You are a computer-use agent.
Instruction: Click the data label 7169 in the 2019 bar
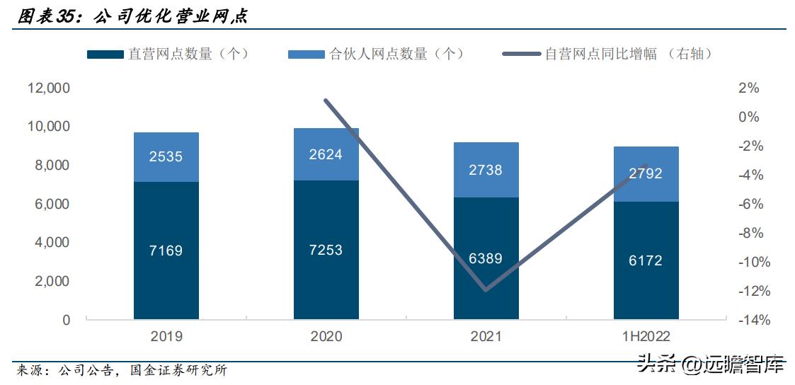click(166, 251)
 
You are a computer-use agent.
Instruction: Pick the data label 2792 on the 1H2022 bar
click(646, 173)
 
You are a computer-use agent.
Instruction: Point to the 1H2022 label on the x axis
click(646, 336)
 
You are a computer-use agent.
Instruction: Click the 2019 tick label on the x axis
click(166, 336)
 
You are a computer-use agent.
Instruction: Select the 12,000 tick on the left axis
click(49, 88)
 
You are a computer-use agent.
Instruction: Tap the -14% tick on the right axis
click(755, 320)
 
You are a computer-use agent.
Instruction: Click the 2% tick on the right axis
click(749, 88)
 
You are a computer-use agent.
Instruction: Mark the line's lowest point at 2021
click(486, 290)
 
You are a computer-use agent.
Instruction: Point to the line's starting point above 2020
click(326, 100)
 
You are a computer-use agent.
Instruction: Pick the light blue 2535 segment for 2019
click(166, 157)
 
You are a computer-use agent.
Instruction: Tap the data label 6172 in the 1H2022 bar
click(646, 260)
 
